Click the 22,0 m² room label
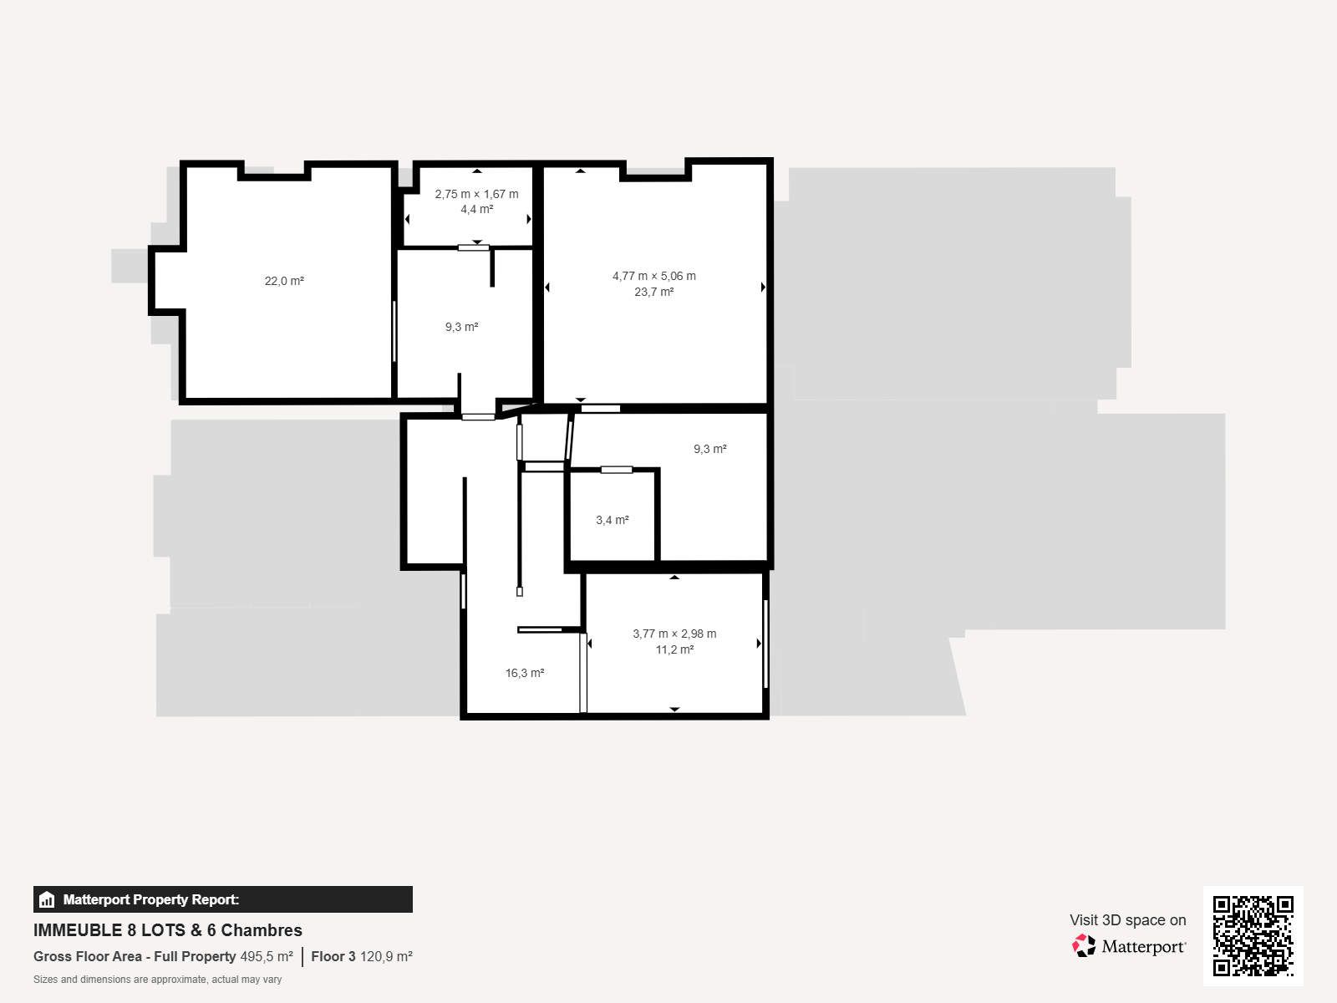284,281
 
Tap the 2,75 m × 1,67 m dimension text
476,194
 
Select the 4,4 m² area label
476,210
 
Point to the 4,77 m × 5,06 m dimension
653,276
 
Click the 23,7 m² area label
653,292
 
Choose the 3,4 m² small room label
613,520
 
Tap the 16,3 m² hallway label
525,673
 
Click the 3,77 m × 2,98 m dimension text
674,634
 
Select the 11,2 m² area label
674,649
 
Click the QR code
1253,936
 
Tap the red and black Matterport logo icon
1084,946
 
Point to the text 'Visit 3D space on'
1127,920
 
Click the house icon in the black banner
46,899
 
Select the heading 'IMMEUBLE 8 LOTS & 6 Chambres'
167,930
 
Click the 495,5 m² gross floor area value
267,957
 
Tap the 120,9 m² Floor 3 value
386,957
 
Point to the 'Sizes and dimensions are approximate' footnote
157,980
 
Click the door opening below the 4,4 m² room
473,247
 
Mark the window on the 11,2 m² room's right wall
765,644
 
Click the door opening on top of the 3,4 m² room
617,470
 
